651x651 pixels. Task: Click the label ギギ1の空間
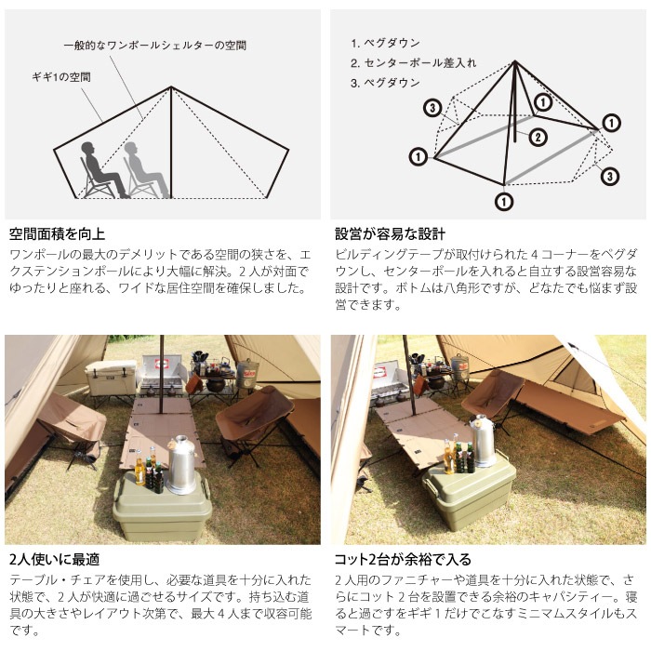pos(61,77)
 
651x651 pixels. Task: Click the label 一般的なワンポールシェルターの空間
pos(155,45)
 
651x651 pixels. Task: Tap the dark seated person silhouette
pos(103,169)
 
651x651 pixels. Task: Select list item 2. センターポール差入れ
pos(413,62)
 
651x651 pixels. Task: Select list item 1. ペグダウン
pos(385,43)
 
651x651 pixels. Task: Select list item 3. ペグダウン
pos(385,83)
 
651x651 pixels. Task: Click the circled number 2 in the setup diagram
pos(538,137)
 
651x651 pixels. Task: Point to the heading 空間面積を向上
pos(57,234)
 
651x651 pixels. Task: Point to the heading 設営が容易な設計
pos(390,234)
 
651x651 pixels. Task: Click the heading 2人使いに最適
pos(54,559)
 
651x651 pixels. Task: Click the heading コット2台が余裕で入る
pos(403,559)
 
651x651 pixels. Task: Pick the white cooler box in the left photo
pos(111,378)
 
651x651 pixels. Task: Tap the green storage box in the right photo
pos(469,495)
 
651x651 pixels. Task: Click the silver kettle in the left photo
pos(181,465)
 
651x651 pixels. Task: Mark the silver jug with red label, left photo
pos(247,372)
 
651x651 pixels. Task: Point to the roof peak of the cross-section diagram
pos(171,86)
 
